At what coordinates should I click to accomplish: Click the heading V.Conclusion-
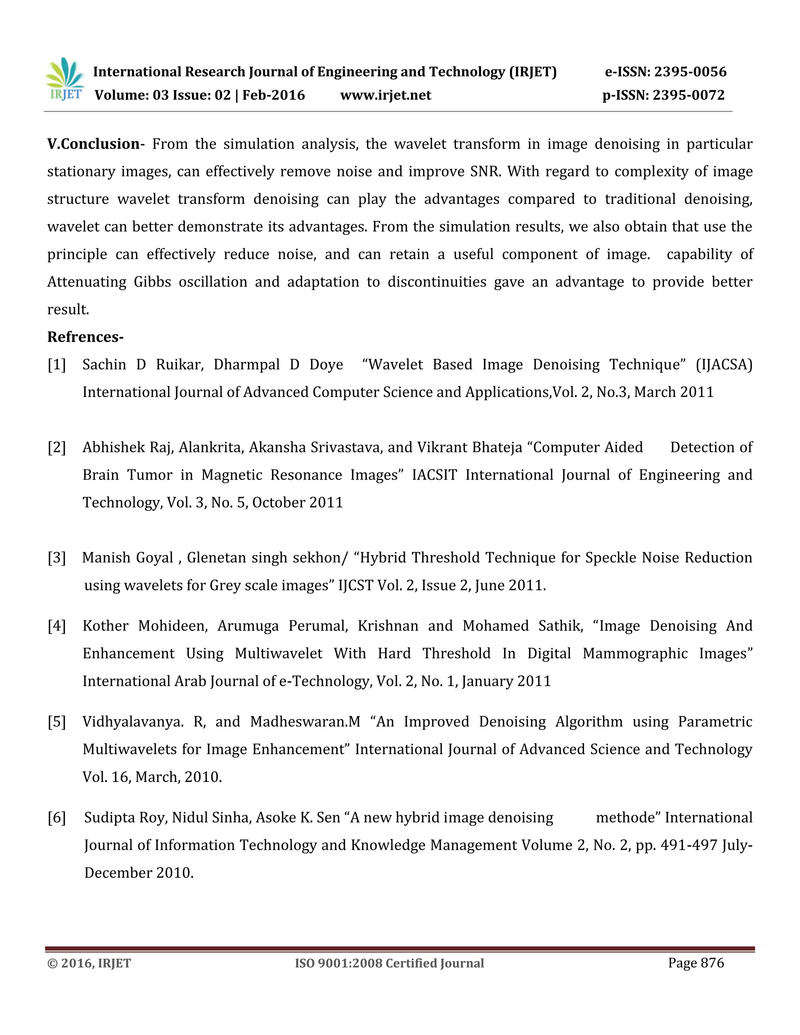pos(95,144)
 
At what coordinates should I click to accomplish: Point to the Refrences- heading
pos(85,337)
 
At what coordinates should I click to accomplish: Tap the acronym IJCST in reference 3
pos(355,585)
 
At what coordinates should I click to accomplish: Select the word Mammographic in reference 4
pos(635,653)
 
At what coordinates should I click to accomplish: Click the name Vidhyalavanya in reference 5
pos(131,722)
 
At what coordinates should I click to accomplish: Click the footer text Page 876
pos(696,963)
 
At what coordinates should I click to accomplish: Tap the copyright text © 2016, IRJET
pos(89,964)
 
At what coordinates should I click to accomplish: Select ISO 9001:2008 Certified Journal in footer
pos(389,964)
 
